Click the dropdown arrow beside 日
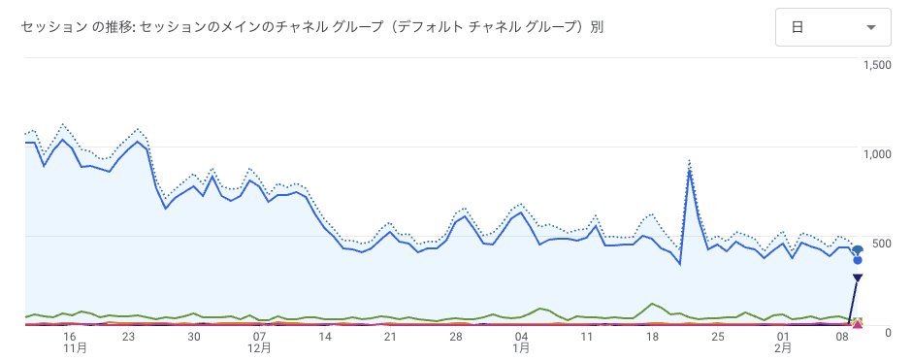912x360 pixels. click(x=871, y=28)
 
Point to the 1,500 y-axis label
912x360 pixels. click(x=876, y=65)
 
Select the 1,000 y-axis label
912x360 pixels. click(x=876, y=153)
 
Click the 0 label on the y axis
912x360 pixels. click(x=887, y=332)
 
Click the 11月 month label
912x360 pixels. click(x=76, y=347)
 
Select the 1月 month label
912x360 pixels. click(x=521, y=347)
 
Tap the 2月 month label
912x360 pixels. click(x=782, y=347)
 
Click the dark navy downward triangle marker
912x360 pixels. click(x=858, y=278)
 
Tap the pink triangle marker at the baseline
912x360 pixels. click(x=858, y=322)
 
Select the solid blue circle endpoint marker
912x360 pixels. click(x=858, y=260)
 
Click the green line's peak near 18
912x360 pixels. click(x=652, y=304)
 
